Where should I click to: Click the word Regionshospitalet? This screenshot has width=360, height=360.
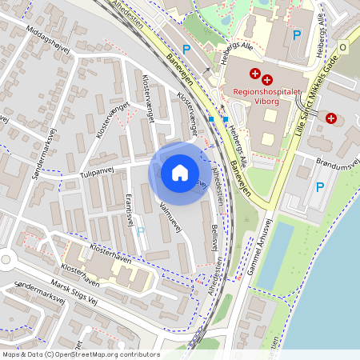point(266,92)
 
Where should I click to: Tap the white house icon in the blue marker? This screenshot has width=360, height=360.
point(180,173)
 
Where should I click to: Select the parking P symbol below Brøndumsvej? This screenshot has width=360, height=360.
point(320,188)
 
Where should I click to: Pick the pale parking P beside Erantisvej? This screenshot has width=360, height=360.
point(141,231)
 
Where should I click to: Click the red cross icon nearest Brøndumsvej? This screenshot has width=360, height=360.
point(331,118)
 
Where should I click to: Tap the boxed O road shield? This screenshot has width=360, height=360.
point(343,48)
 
